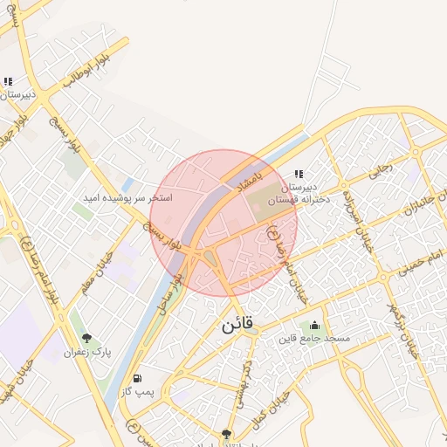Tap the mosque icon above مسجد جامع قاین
[x=314, y=326]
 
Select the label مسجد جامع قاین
[x=314, y=338]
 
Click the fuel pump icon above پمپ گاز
[x=136, y=379]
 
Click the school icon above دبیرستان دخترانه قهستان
[x=299, y=174]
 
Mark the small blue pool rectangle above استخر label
[x=128, y=185]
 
